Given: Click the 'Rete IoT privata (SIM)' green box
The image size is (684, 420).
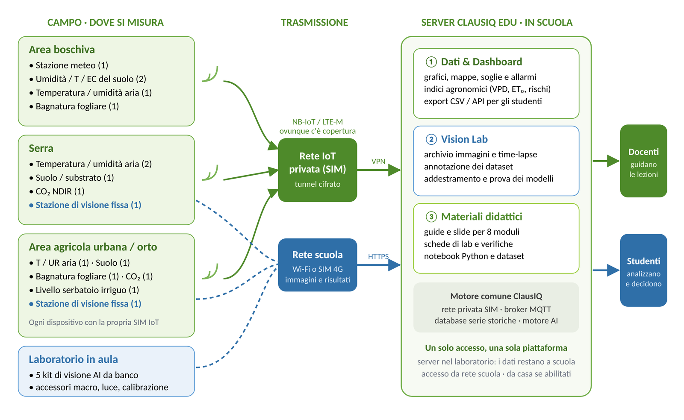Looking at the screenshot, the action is [318, 170].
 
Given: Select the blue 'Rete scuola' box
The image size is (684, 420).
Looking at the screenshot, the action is [318, 265].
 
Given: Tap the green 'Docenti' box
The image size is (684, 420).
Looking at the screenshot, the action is [643, 161].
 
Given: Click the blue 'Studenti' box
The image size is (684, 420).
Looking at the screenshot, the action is [643, 270].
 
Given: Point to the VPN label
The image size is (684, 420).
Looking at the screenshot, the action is [378, 162].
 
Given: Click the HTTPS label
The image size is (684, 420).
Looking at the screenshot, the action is [378, 256].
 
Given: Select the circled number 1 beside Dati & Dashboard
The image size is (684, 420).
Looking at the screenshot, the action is [431, 62].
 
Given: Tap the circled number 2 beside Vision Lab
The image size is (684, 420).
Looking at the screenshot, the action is [431, 139].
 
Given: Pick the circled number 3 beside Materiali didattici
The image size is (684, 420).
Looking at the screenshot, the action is [431, 217].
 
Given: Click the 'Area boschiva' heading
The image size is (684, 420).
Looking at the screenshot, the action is [62, 50].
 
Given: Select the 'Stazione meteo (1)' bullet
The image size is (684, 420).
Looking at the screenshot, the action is [69, 65].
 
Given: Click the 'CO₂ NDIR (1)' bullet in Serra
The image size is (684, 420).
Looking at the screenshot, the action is [57, 191].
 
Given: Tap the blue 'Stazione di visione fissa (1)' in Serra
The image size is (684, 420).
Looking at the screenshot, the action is [85, 205].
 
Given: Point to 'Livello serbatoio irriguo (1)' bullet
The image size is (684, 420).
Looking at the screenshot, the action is [84, 290].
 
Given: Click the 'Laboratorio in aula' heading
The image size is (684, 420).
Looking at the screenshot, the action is [73, 359].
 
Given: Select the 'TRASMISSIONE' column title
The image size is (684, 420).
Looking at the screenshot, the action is [315, 22].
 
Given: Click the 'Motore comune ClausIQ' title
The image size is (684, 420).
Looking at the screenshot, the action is [496, 296].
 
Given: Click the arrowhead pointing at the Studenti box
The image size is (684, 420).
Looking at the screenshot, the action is [613, 270].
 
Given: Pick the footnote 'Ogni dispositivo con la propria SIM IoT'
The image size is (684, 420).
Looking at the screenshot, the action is [94, 322].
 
